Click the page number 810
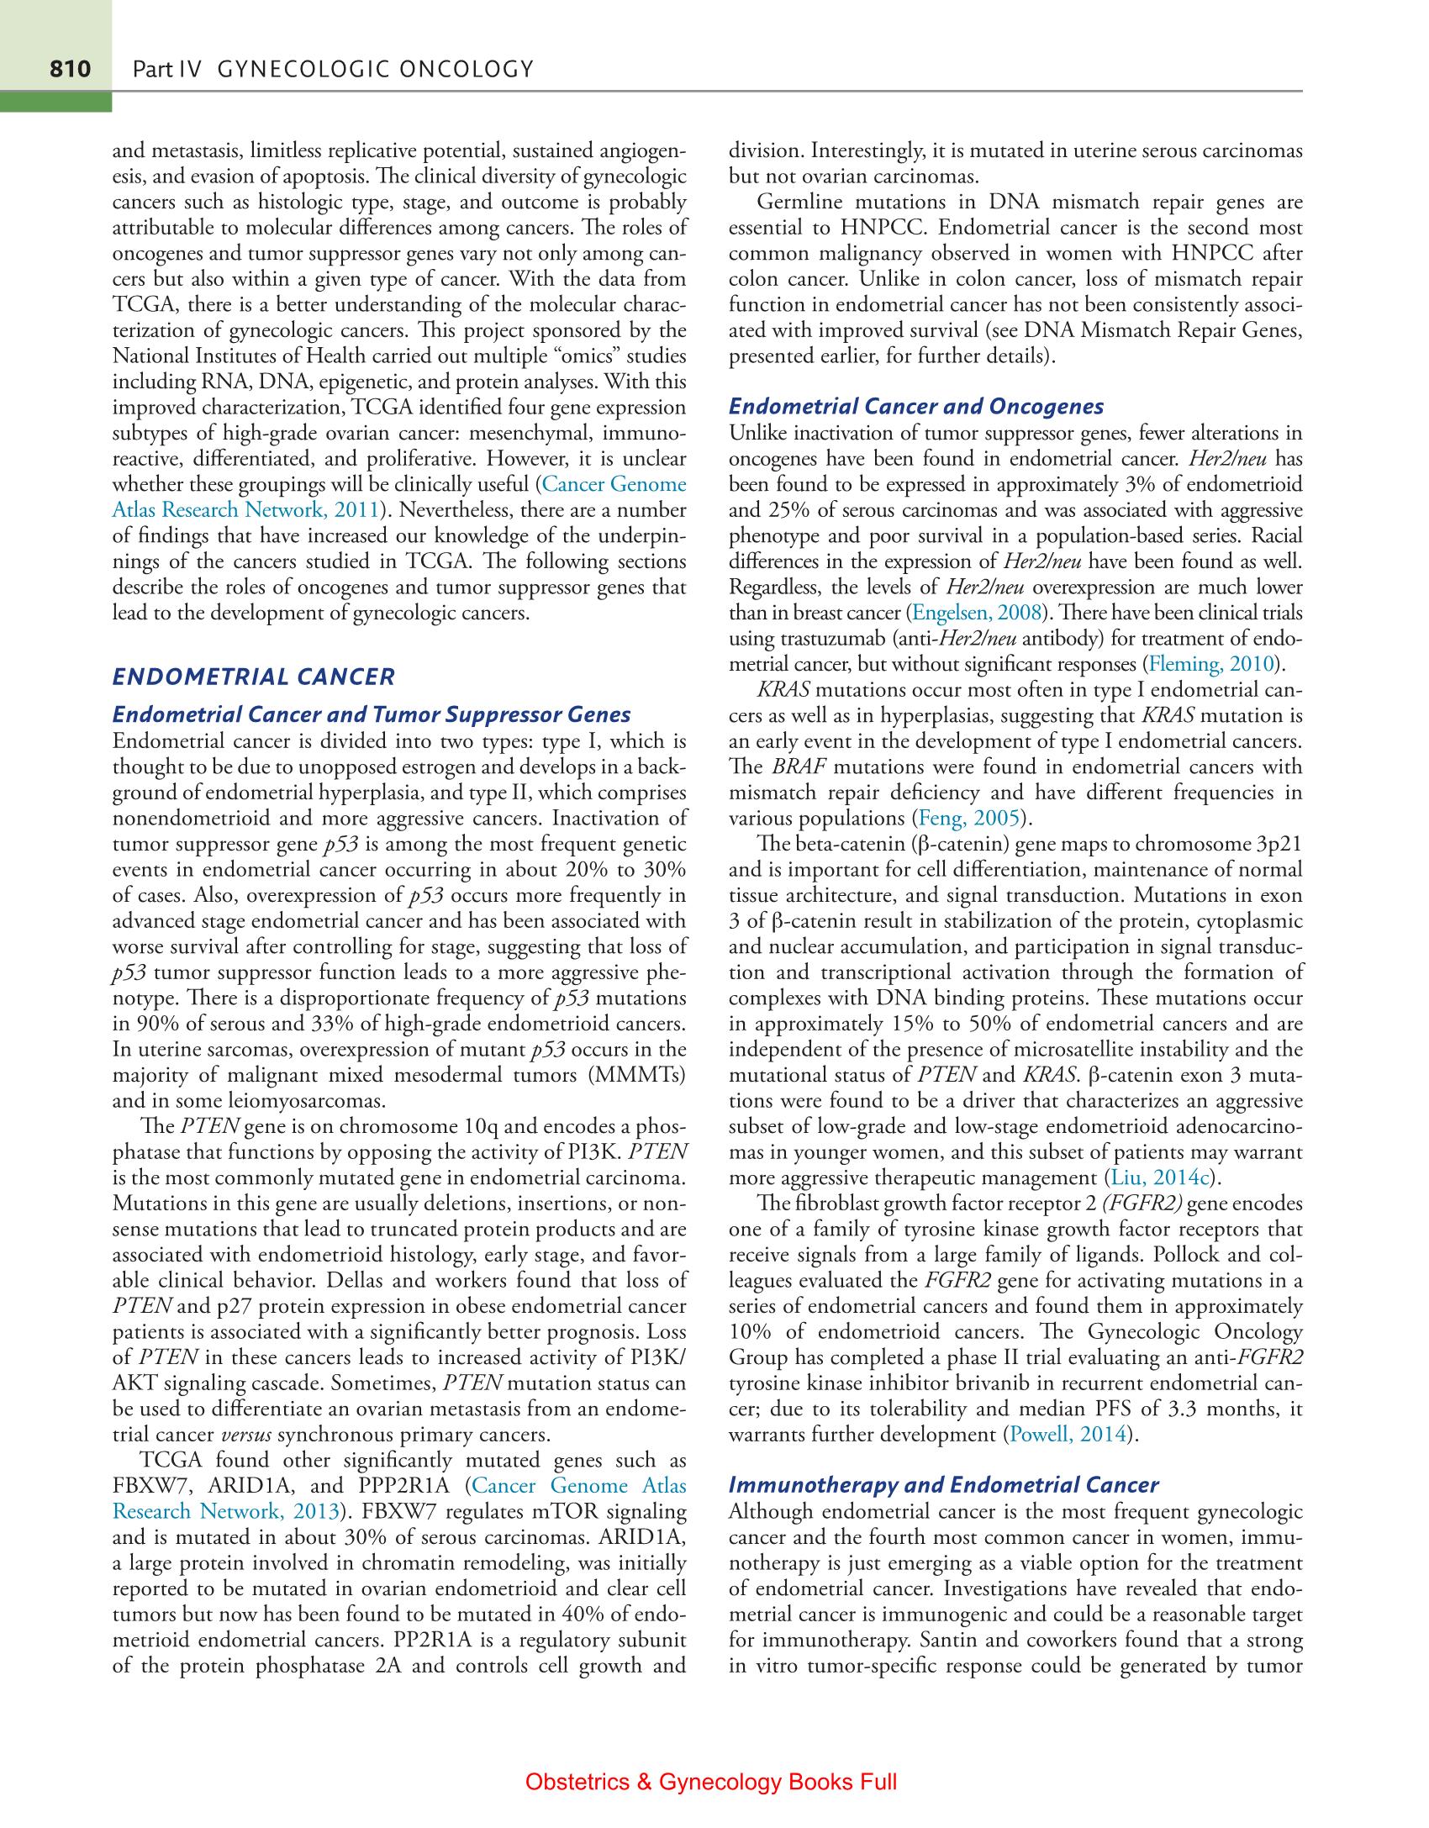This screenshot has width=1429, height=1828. click(70, 69)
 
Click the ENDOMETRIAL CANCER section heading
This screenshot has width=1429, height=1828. click(253, 676)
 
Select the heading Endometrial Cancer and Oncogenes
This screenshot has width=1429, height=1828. click(916, 407)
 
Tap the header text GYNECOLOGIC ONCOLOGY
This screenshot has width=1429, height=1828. click(375, 69)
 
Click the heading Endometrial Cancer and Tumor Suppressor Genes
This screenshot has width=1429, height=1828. click(371, 715)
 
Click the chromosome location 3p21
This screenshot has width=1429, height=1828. click(1277, 844)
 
